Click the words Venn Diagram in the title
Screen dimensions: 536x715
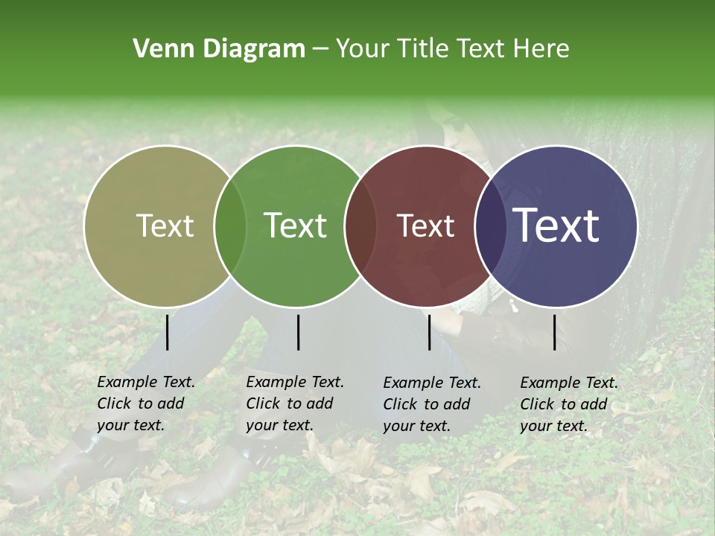click(x=219, y=49)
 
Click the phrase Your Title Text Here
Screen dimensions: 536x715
click(x=452, y=49)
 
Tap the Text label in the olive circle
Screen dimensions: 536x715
click(x=165, y=226)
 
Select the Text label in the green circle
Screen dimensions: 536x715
click(x=296, y=226)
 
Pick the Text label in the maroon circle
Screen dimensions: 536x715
click(x=426, y=226)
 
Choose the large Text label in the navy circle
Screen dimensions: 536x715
click(x=556, y=226)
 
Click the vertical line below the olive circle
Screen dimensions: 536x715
click(x=168, y=333)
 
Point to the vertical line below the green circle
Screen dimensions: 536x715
click(x=298, y=333)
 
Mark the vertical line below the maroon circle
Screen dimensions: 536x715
click(x=430, y=333)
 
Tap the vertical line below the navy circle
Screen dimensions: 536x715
click(x=555, y=333)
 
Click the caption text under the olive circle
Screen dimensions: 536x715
click(x=146, y=403)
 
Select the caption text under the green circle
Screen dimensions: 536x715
click(x=295, y=403)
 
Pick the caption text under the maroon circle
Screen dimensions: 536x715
click(x=432, y=404)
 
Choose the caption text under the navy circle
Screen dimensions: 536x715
click(x=569, y=404)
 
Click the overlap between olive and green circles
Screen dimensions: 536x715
click(x=230, y=226)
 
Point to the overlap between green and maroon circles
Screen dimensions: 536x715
click(x=360, y=226)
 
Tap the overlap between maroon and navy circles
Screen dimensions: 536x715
click(x=490, y=226)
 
